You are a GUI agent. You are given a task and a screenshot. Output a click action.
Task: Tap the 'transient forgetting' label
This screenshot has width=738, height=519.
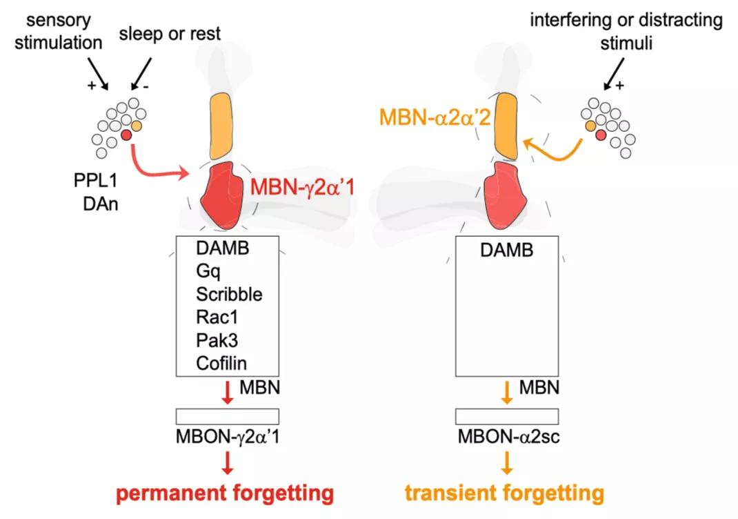click(505, 494)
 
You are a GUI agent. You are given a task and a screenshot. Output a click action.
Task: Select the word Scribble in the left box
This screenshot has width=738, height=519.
click(229, 294)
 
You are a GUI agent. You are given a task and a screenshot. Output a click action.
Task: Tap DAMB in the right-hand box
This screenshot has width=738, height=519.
click(506, 250)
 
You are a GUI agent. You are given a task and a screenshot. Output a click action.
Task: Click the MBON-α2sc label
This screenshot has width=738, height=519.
click(508, 437)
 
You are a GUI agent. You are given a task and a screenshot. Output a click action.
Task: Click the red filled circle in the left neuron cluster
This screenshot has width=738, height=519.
click(126, 135)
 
